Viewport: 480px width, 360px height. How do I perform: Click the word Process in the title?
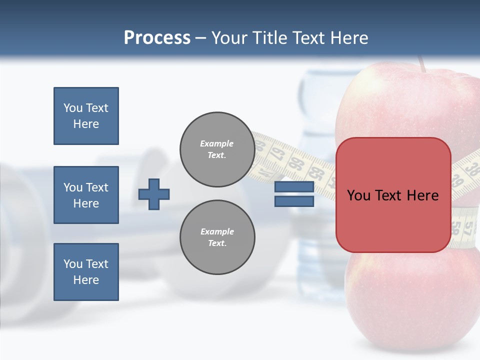pos(157,38)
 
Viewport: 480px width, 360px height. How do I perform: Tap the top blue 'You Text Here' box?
pos(86,116)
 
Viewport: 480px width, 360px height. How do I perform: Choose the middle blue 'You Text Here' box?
pos(86,195)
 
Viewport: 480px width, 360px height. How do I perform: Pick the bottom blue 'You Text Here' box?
pos(86,272)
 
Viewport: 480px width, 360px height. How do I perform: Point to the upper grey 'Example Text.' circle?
pos(217,149)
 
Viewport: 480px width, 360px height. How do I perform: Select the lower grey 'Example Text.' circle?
pos(217,237)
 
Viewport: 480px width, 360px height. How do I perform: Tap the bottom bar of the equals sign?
pos(294,201)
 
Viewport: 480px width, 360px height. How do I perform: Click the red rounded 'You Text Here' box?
pos(393,195)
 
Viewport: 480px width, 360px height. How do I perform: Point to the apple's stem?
pos(422,63)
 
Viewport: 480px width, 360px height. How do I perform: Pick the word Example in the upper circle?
pos(217,143)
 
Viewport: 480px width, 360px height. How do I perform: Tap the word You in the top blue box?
pos(73,108)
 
